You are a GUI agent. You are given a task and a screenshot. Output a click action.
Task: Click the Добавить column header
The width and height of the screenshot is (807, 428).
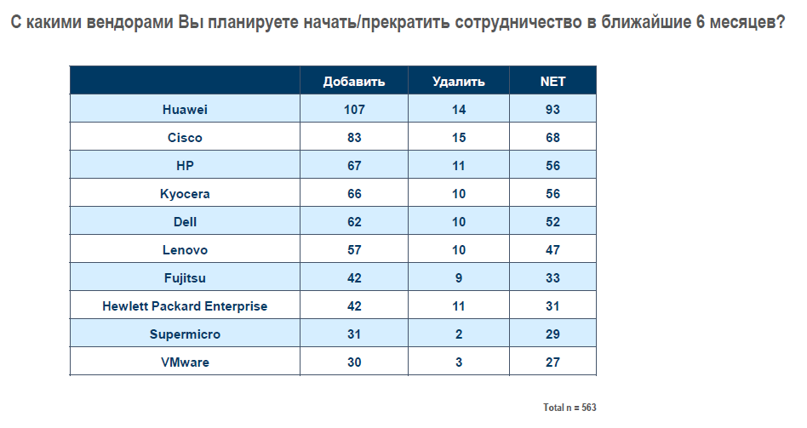coord(354,82)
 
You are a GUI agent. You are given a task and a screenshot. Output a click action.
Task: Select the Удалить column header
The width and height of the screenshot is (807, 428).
coord(459,82)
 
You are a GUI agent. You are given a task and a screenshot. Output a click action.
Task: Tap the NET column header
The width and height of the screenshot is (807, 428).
coord(553,82)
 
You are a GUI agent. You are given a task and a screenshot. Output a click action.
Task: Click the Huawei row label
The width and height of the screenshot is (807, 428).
coord(185,110)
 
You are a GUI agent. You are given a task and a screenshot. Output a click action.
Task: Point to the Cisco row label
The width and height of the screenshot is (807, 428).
coord(185,138)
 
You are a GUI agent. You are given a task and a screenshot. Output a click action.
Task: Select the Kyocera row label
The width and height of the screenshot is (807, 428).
coord(185,194)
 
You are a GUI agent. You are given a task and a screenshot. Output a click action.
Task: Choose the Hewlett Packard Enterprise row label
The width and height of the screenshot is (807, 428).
coord(185,306)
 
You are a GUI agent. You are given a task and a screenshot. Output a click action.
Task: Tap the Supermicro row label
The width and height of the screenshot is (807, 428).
coord(185,334)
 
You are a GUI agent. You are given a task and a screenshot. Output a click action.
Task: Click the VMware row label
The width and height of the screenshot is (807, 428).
coord(185,362)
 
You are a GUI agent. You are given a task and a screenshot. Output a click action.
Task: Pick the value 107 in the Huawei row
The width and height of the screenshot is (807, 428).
coord(354,110)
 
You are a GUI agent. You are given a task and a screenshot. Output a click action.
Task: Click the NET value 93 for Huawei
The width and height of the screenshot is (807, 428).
coord(553,110)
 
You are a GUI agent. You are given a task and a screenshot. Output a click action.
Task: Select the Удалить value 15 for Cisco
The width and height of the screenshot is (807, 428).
coord(459,138)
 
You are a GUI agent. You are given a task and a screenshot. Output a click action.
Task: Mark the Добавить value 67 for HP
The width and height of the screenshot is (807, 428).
coord(354,166)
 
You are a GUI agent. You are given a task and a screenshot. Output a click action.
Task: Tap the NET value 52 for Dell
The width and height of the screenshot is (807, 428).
coord(553,222)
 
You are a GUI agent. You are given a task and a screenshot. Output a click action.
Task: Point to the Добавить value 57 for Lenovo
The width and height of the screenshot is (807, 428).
coord(354,250)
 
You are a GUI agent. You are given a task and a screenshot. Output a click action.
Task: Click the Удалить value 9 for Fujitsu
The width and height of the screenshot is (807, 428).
coord(459,278)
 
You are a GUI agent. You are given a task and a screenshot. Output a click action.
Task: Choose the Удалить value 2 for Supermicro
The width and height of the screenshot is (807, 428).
coord(459,334)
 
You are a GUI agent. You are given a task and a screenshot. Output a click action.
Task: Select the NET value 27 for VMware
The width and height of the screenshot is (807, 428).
coord(553,362)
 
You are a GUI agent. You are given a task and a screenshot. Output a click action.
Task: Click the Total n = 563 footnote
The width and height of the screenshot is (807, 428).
coord(569,408)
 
